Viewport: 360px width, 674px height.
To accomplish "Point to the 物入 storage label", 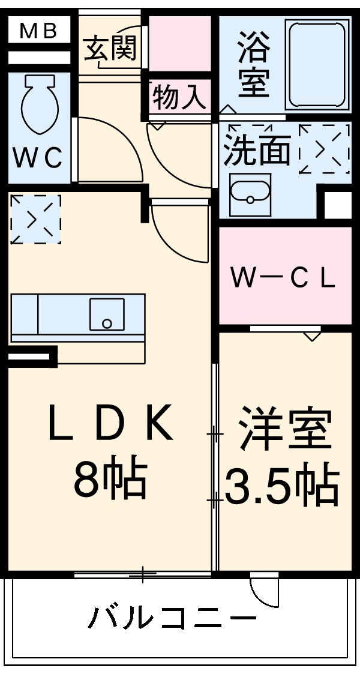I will (x=178, y=98).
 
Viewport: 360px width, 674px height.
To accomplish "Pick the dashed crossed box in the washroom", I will (x=325, y=148).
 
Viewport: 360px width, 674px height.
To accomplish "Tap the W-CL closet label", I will (x=283, y=279).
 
